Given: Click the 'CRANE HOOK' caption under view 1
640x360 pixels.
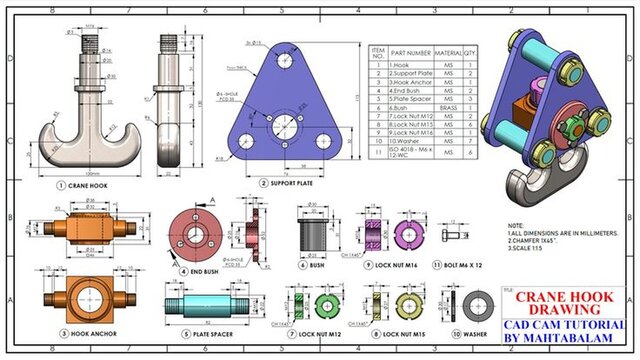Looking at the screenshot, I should point(87,185).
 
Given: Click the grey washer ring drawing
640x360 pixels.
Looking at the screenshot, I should point(487,303).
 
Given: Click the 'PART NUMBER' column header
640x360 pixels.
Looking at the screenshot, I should point(411,52).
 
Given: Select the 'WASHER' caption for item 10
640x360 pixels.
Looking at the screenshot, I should point(479,333).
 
